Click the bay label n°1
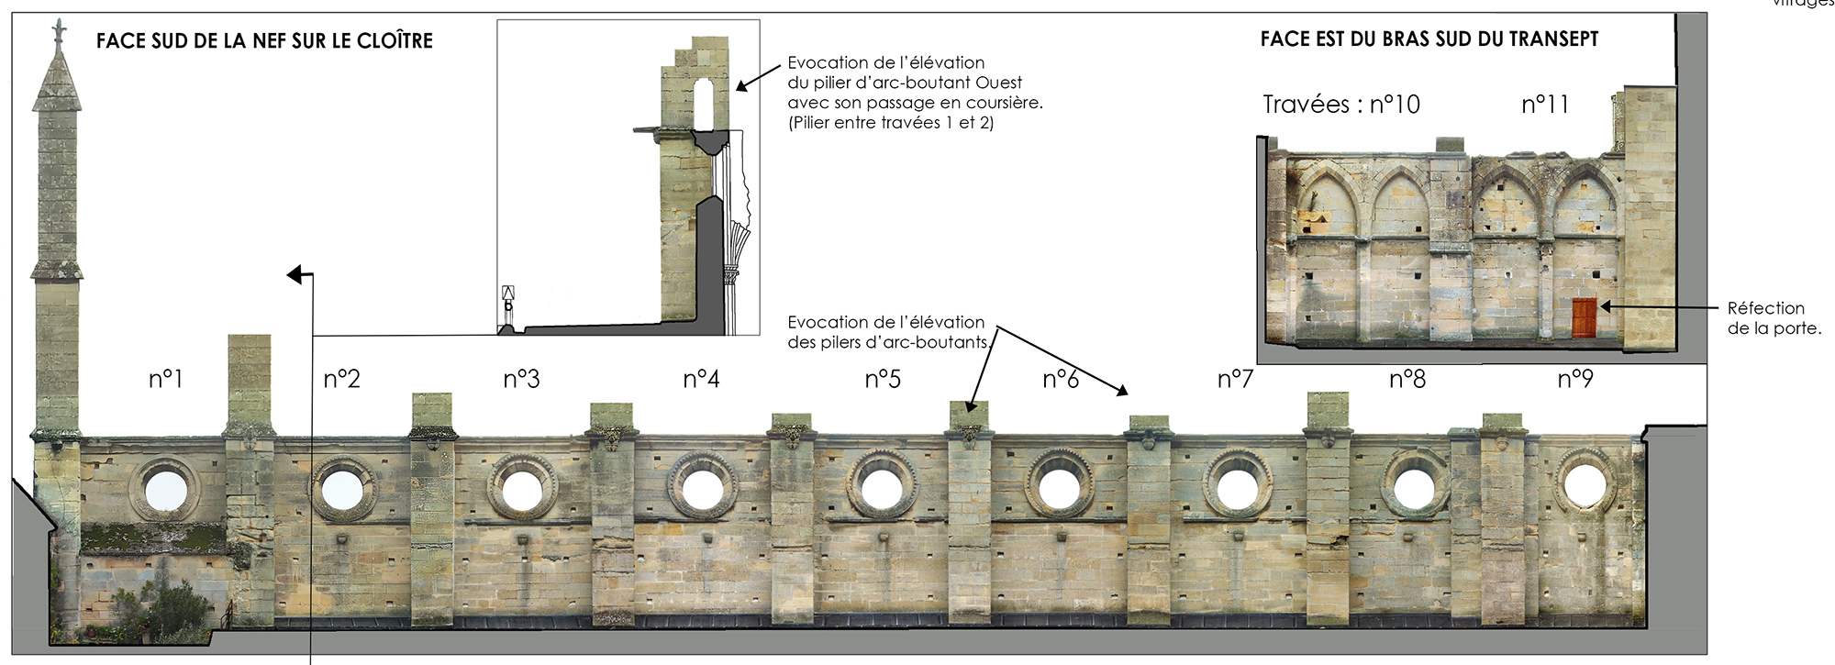166,379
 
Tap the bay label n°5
883,379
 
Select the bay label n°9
1575,379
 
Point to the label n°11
1545,105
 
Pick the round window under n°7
1237,487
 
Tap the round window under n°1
165,489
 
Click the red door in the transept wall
1584,317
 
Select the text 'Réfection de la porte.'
1774,318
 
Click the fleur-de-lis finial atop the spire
59,33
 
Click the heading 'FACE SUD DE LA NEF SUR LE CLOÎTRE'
264,41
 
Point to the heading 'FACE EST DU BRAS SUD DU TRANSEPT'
1429,39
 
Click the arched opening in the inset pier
704,104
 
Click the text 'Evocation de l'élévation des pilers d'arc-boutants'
887,332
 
